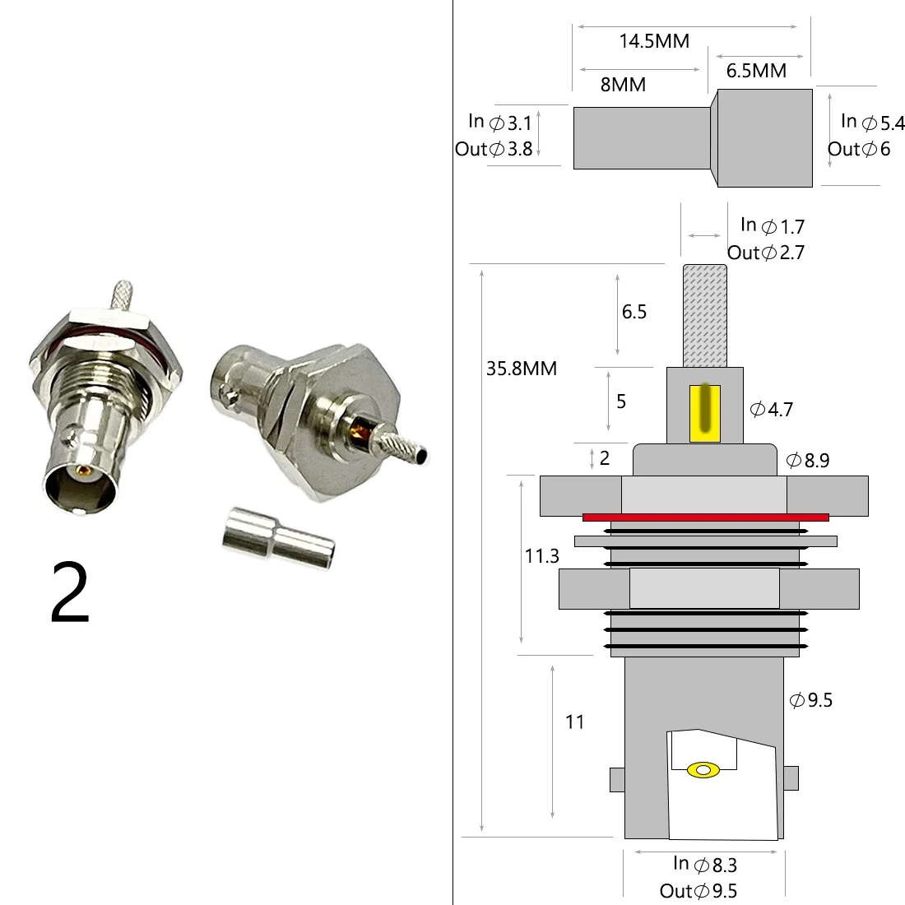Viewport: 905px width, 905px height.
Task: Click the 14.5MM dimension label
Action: click(x=654, y=41)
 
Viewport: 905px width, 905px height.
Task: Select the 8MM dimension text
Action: click(x=623, y=85)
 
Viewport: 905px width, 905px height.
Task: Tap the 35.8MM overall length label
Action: click(x=522, y=369)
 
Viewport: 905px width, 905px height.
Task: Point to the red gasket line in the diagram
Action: click(x=705, y=517)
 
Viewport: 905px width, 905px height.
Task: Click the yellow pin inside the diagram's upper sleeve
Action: click(x=705, y=409)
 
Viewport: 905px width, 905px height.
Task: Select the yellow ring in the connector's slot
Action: click(x=703, y=770)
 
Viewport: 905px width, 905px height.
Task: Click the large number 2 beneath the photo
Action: click(x=70, y=594)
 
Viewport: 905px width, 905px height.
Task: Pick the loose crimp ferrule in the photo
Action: click(x=278, y=541)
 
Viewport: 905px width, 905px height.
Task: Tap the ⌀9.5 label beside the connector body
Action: click(x=811, y=700)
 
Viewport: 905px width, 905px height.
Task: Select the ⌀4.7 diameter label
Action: click(x=771, y=409)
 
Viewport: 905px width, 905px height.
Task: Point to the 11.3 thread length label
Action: click(x=541, y=557)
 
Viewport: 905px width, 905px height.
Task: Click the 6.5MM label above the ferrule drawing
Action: click(x=756, y=72)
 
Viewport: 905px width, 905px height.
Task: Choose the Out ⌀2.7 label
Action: click(x=765, y=253)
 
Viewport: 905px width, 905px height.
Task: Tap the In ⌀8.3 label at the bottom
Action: click(x=704, y=864)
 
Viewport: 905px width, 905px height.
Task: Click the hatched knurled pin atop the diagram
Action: click(x=705, y=316)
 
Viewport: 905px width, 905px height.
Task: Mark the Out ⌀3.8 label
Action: click(x=494, y=150)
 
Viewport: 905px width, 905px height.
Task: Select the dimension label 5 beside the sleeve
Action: click(x=621, y=401)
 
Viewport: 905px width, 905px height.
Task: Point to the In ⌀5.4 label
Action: click(x=872, y=123)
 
